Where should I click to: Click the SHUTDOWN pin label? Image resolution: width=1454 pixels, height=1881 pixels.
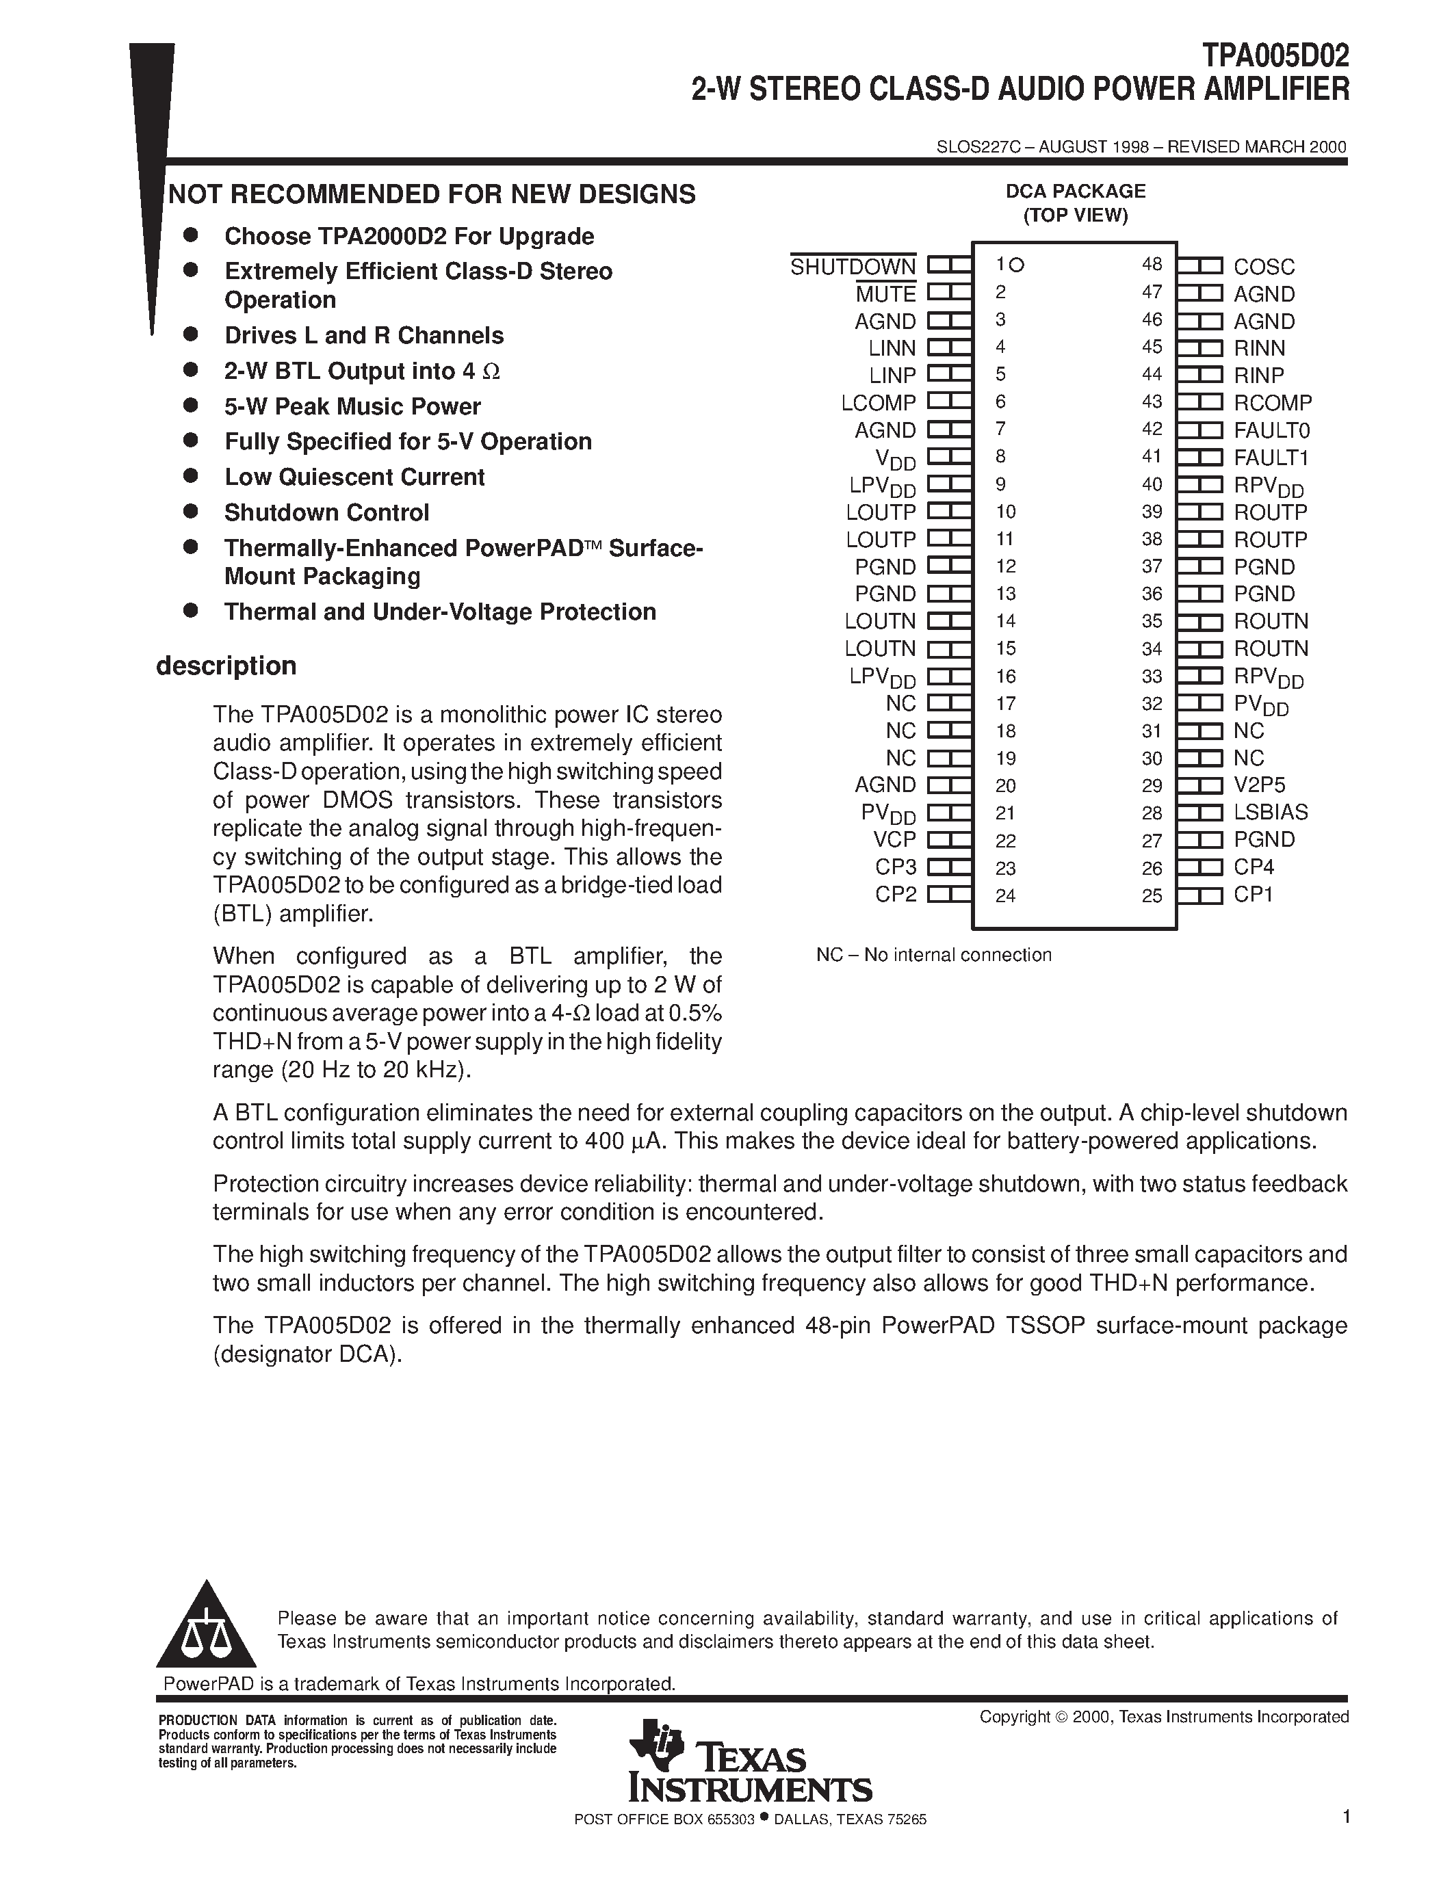pos(853,267)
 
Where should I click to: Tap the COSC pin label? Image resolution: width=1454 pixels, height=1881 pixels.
pos(1264,267)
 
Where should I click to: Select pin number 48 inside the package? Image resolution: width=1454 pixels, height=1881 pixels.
pos(1152,265)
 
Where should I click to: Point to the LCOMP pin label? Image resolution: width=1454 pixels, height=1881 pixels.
pos(879,403)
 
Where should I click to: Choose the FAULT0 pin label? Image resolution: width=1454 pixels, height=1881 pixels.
pos(1271,430)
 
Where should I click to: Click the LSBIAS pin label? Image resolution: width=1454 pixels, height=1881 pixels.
pos(1271,812)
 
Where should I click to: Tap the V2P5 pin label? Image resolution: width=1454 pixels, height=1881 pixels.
pos(1259,785)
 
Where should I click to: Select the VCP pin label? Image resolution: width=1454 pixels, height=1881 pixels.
pos(894,840)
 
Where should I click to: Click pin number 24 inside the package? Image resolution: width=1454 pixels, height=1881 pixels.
pos(1005,896)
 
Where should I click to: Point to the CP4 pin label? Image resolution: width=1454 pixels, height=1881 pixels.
pos(1254,867)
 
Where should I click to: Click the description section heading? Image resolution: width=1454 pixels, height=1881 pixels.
pos(226,666)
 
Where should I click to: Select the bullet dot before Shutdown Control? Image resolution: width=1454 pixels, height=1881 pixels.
pos(191,512)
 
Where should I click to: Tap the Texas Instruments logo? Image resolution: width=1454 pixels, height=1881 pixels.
pos(749,1774)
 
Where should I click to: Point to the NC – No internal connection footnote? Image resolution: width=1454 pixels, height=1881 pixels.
pos(934,955)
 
